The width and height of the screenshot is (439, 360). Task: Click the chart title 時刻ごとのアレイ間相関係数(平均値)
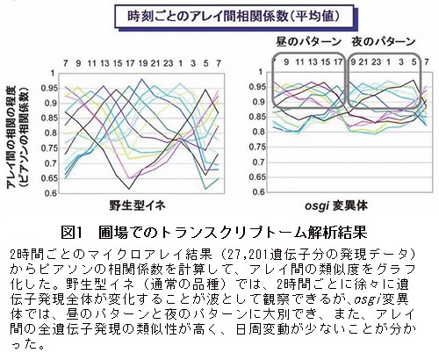click(234, 16)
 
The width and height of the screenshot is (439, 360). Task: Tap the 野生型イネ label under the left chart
click(137, 205)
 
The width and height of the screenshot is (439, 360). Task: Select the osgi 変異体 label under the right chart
click(336, 205)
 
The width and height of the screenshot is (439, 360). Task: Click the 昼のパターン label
click(309, 41)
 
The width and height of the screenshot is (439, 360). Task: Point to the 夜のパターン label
click(384, 41)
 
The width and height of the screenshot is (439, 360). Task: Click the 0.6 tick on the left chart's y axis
click(50, 193)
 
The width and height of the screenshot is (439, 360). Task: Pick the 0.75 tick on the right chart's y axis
click(257, 147)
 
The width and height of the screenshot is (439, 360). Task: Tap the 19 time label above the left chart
click(143, 63)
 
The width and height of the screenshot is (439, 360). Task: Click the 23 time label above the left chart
click(168, 63)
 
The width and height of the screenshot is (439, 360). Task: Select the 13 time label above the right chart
click(313, 62)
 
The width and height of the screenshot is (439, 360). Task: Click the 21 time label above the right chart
click(363, 62)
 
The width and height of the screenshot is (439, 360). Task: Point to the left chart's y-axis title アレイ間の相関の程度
click(12, 137)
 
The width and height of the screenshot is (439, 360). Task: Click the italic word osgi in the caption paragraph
click(367, 299)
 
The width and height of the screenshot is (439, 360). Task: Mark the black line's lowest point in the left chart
click(128, 189)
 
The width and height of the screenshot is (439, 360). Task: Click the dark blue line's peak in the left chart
click(142, 79)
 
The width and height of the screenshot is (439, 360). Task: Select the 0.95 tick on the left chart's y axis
click(48, 88)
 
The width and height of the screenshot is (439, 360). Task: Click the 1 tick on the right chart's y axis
click(261, 72)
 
